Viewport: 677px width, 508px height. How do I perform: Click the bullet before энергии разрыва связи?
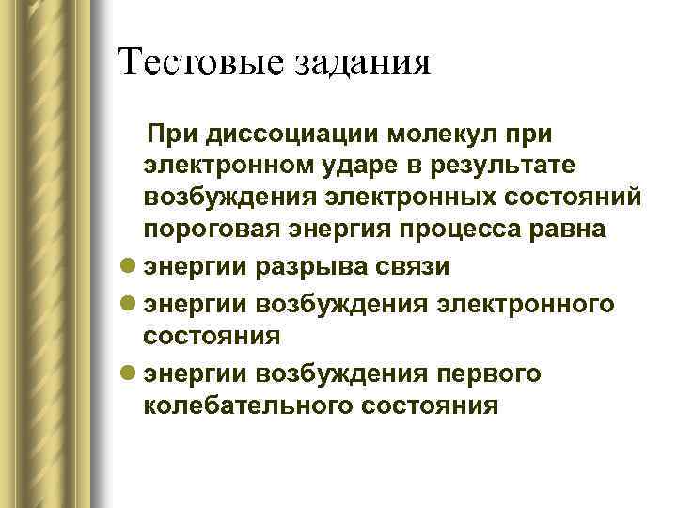click(x=128, y=267)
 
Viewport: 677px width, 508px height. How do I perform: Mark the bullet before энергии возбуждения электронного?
click(x=128, y=301)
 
